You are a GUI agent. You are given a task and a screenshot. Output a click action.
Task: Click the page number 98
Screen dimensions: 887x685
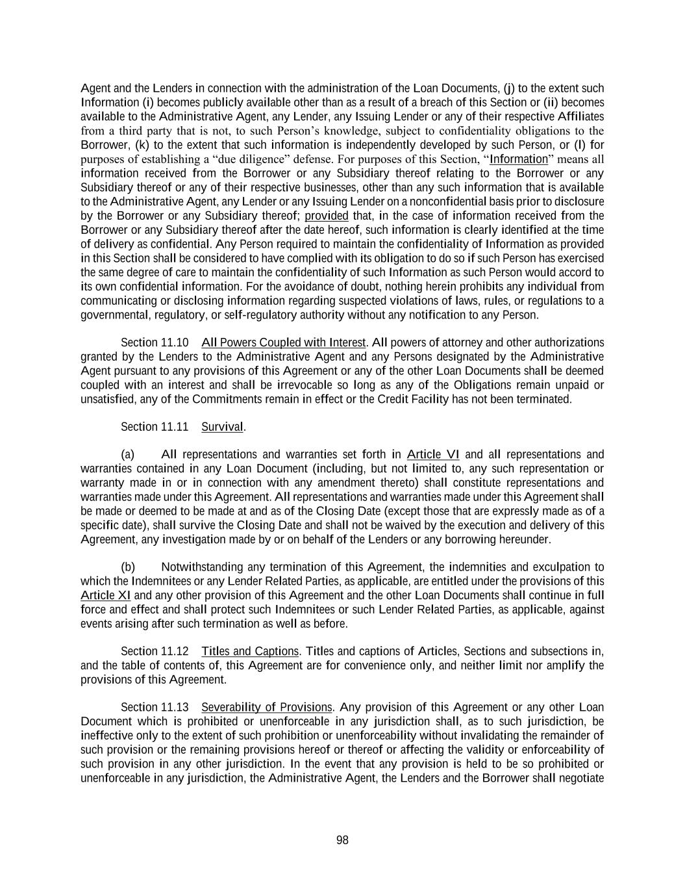pyautogui.click(x=342, y=840)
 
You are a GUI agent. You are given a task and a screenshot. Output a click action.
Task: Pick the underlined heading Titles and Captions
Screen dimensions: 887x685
pyautogui.click(x=250, y=651)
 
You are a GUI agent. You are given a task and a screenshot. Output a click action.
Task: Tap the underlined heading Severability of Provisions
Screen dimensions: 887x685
pyautogui.click(x=267, y=707)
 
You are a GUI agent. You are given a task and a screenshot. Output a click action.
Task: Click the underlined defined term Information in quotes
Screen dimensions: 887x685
pyautogui.click(x=519, y=159)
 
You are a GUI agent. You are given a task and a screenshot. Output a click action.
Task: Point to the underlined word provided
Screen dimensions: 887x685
pyautogui.click(x=327, y=216)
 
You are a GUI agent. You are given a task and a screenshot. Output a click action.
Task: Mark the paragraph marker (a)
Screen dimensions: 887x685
pyautogui.click(x=128, y=454)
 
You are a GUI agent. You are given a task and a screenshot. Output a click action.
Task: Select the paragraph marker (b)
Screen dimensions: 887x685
pyautogui.click(x=128, y=567)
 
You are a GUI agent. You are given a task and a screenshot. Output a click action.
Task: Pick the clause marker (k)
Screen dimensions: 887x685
pyautogui.click(x=142, y=145)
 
